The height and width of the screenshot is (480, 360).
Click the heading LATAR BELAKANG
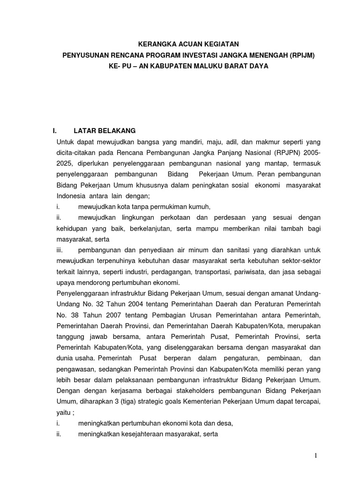pyautogui.click(x=105, y=131)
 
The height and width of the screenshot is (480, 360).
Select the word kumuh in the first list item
pyautogui.click(x=201, y=207)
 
